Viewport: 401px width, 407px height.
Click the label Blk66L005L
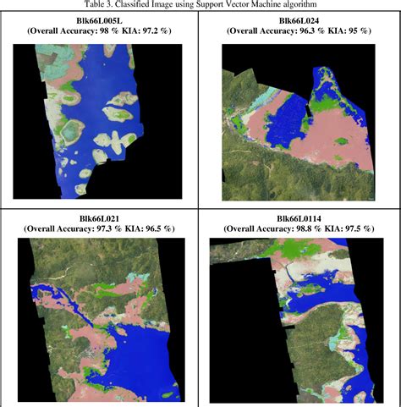[101, 19]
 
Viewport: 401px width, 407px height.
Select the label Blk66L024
[301, 19]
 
